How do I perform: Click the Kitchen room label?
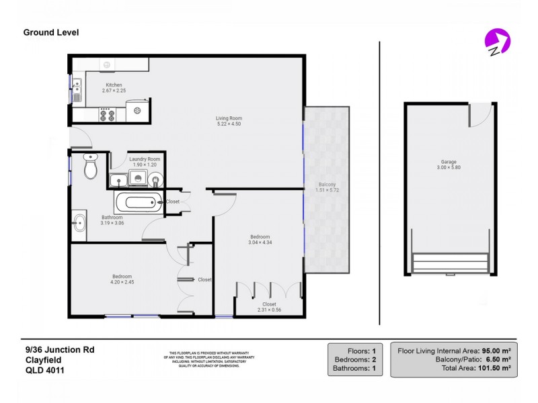click(113, 85)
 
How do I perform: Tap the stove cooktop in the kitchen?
click(107, 114)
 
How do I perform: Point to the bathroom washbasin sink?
click(79, 222)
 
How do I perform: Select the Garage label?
click(449, 162)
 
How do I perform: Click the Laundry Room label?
click(145, 159)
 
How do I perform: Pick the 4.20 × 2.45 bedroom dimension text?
click(122, 283)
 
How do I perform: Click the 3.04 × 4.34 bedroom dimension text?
click(260, 242)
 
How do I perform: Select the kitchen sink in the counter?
click(77, 88)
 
